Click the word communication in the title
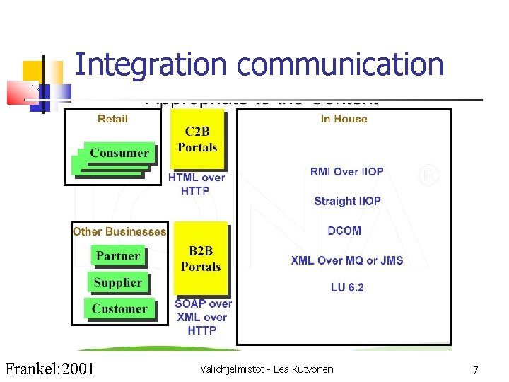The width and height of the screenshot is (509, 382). (x=340, y=64)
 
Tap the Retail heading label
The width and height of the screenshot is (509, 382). (x=113, y=119)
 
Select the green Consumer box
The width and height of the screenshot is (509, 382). (x=119, y=153)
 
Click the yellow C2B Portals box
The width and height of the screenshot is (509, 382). (x=197, y=139)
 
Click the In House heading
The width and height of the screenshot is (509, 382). (x=344, y=119)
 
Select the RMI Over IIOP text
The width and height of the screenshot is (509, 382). (x=346, y=172)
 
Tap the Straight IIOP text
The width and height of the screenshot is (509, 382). (x=347, y=201)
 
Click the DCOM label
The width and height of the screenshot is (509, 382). (x=344, y=231)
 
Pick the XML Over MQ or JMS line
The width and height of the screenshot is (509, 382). (x=347, y=260)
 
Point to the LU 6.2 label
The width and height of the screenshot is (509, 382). (x=347, y=287)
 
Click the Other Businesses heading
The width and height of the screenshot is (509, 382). (x=119, y=231)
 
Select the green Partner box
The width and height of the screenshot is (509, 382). (x=118, y=256)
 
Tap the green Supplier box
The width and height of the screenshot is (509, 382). (x=118, y=282)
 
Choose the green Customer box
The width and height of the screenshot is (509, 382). (x=119, y=308)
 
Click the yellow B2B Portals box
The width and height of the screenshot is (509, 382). (x=201, y=259)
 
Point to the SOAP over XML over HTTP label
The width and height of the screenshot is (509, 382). (x=203, y=317)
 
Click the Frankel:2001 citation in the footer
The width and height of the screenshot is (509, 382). (x=49, y=369)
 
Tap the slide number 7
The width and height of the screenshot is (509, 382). (x=476, y=369)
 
